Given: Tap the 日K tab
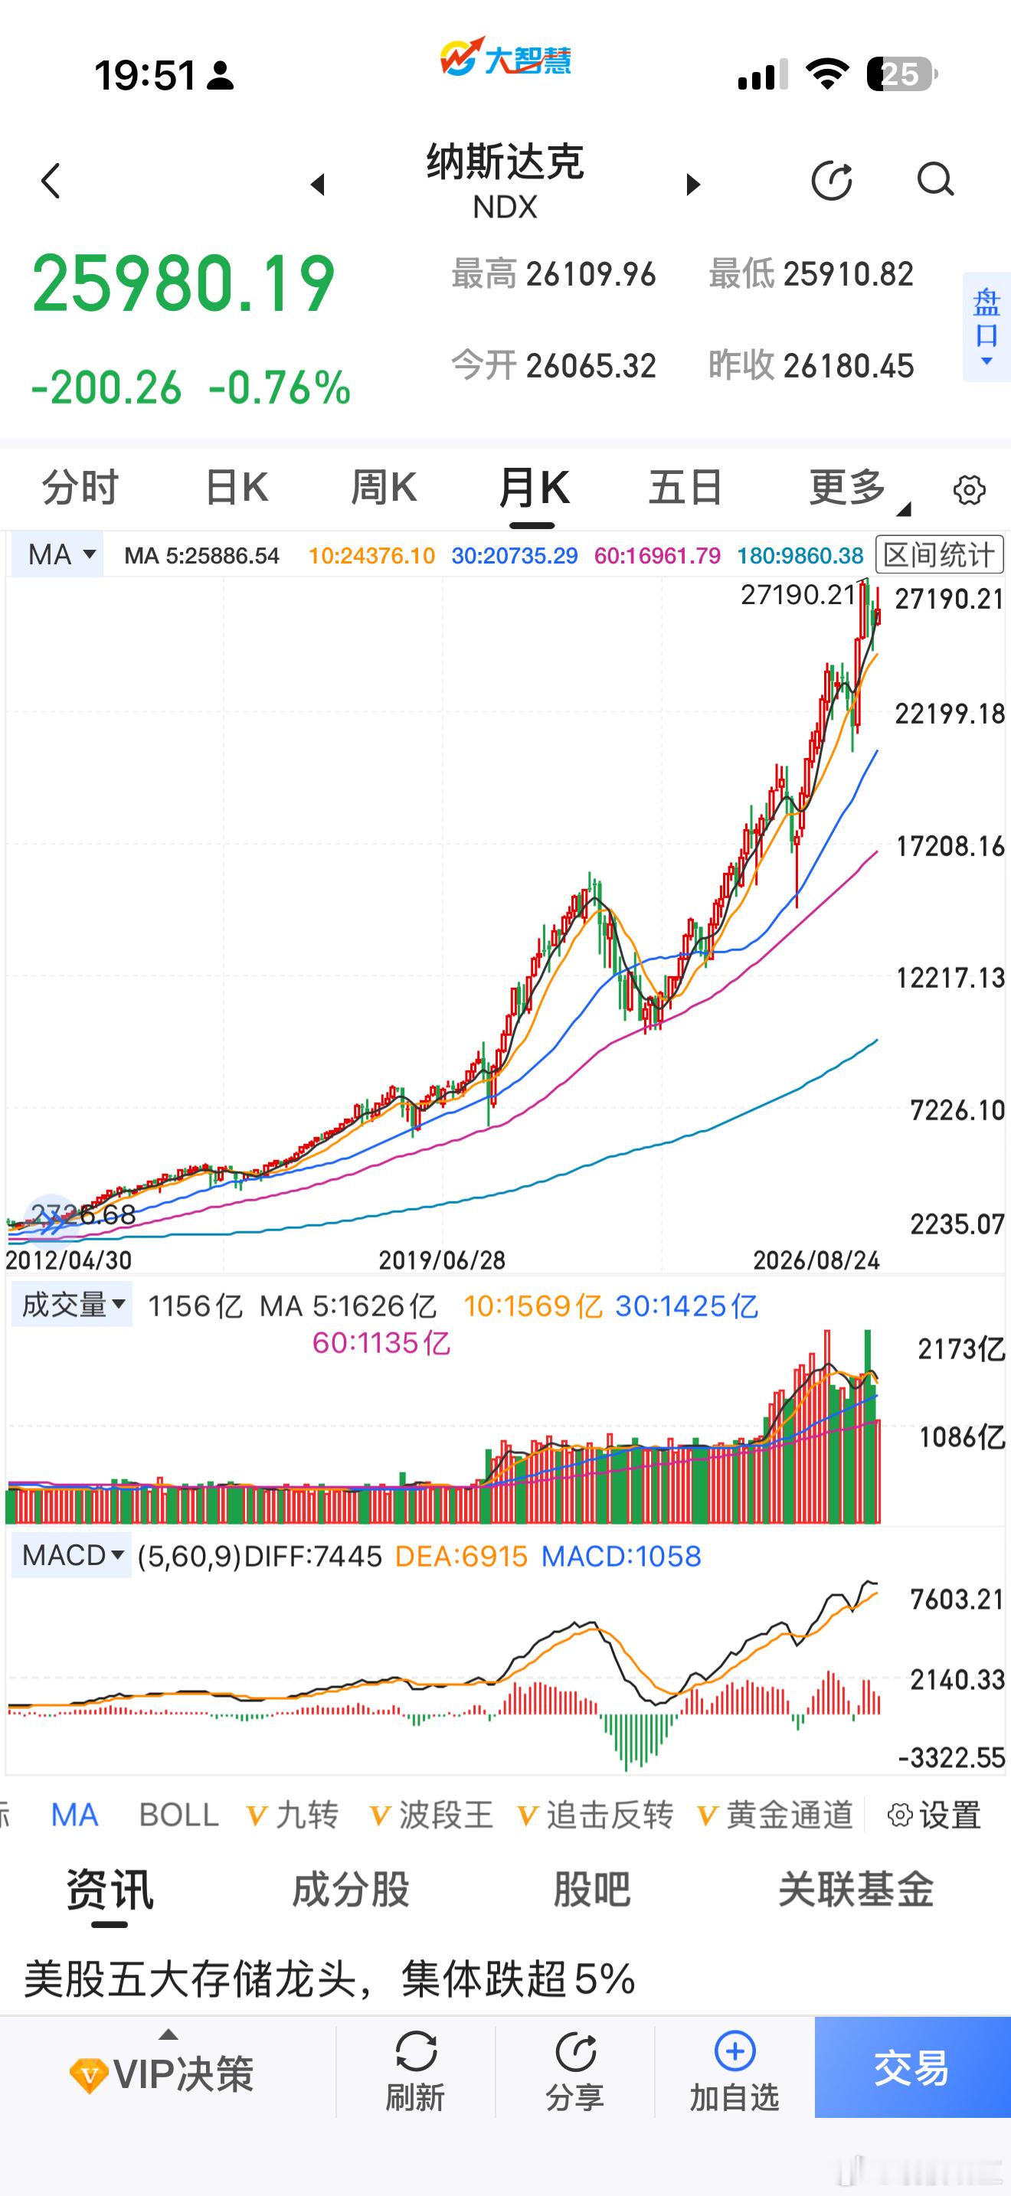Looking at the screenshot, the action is [x=237, y=489].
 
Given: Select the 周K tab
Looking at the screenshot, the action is [x=384, y=489].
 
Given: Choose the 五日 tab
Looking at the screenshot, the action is [x=685, y=489].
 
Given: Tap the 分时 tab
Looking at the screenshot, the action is [x=80, y=489].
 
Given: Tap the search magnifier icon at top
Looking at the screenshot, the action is [x=935, y=180].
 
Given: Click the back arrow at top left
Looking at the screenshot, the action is [x=51, y=181].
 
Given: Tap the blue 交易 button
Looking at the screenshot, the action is [x=912, y=2067].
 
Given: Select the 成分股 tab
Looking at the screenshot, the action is [x=350, y=1890].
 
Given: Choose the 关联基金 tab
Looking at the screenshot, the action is [x=856, y=1890].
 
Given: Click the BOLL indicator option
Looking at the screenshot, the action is [x=179, y=1815].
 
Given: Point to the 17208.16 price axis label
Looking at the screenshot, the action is [x=950, y=847].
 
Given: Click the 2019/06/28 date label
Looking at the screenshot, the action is [x=442, y=1259].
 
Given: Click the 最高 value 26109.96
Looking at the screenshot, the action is [x=591, y=274].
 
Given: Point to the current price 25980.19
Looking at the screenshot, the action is [x=183, y=283].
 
